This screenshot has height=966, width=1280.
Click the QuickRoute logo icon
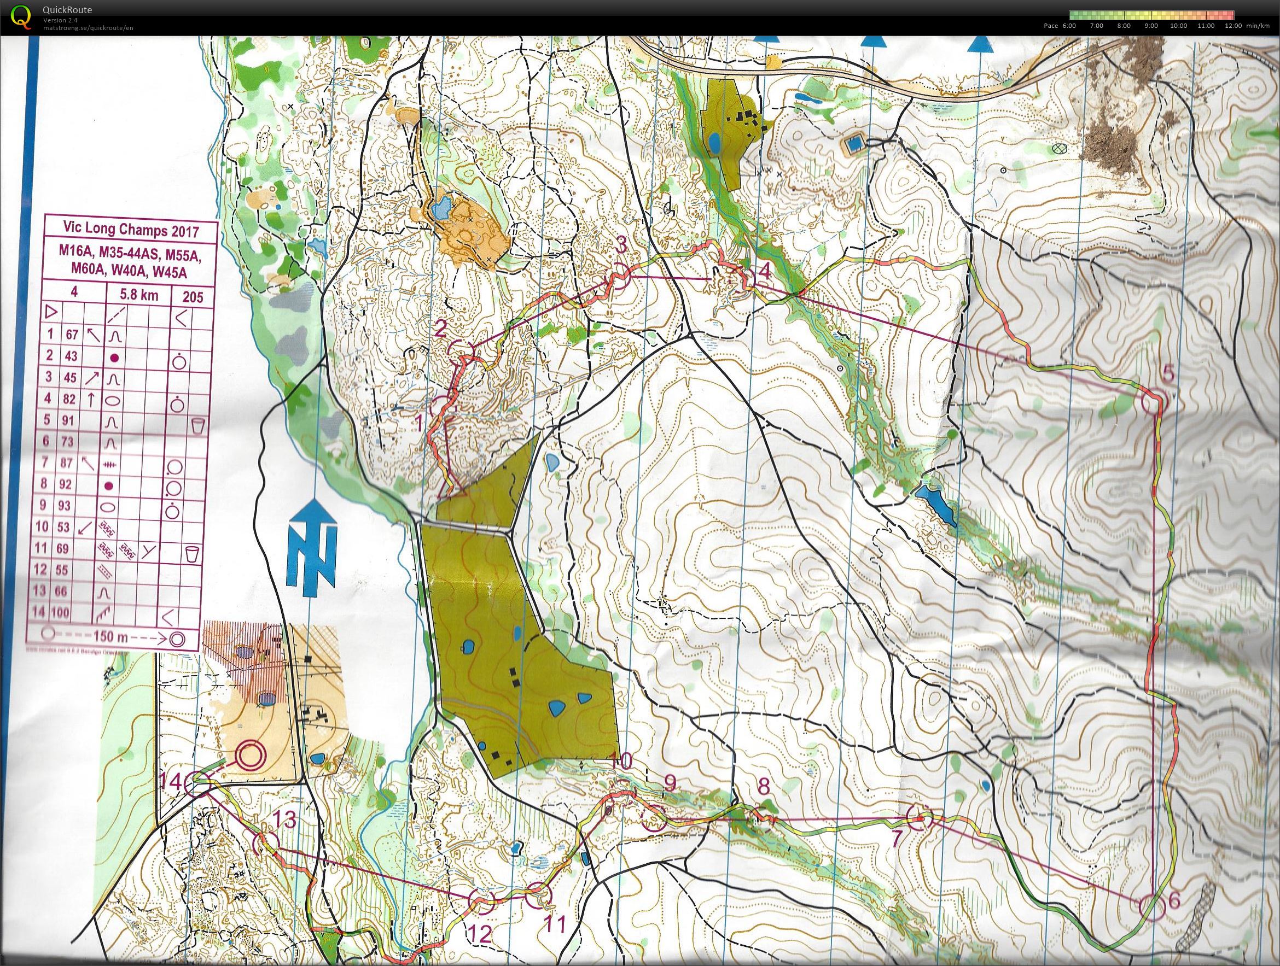pos(19,16)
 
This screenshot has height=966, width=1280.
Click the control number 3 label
pos(621,246)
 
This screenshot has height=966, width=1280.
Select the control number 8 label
pos(764,787)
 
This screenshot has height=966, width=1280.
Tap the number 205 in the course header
pos(193,296)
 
